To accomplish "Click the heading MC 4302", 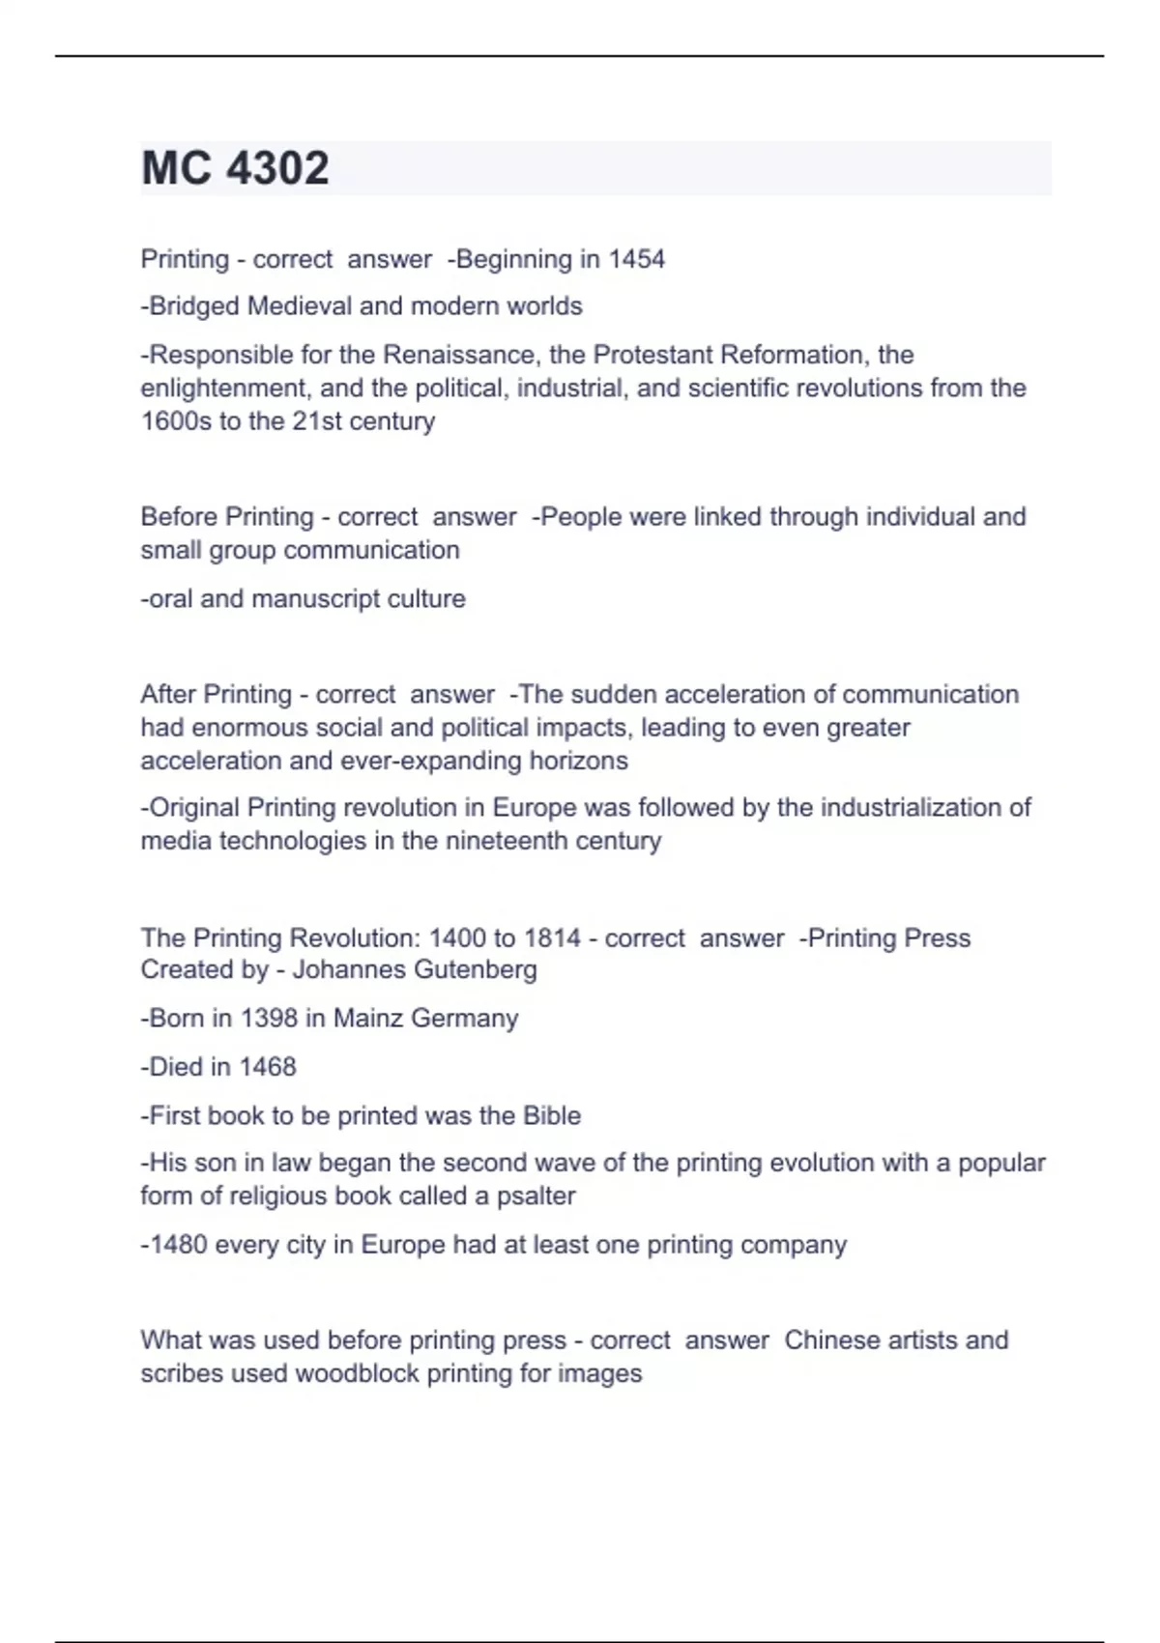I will [235, 168].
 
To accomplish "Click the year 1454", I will [636, 259].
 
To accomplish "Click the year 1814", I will [552, 938].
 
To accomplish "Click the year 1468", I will [268, 1067].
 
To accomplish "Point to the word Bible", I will [551, 1116].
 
